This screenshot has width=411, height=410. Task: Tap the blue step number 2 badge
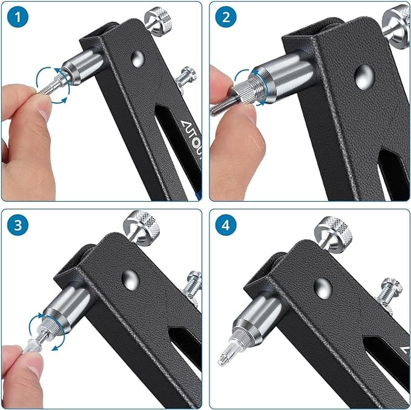click(x=226, y=18)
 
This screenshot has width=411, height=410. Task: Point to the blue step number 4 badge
click(x=226, y=226)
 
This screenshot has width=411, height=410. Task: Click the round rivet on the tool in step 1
click(x=137, y=59)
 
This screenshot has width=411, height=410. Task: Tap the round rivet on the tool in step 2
click(x=363, y=78)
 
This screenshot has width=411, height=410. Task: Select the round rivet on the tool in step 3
click(x=129, y=278)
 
